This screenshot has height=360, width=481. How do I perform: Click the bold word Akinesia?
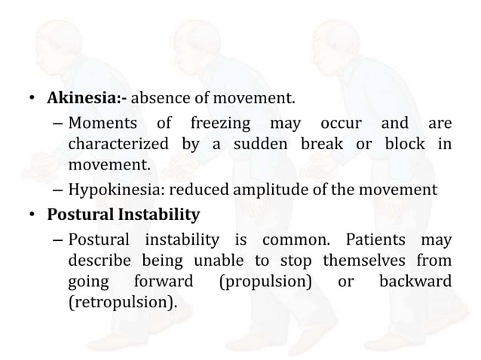pos(81,99)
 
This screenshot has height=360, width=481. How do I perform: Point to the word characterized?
pos(115,143)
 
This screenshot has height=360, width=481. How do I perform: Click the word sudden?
pos(259,143)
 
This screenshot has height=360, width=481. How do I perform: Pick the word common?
pos(295,241)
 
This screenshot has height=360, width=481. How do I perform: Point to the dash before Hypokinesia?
pos(57,190)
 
